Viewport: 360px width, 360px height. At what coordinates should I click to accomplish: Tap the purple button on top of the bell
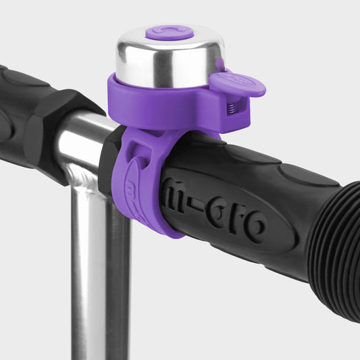point(169,32)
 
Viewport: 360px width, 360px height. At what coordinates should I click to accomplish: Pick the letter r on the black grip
point(236,218)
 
